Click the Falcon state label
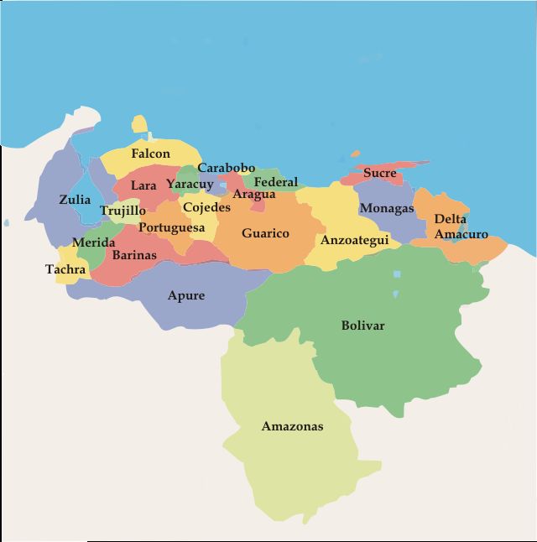pos(150,154)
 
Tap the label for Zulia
pos(75,200)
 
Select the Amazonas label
pos(292,426)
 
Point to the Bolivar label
pos(362,326)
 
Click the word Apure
pos(185,295)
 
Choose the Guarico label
pos(265,233)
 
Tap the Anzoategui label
pos(354,240)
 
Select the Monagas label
pos(386,208)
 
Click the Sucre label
pos(379,174)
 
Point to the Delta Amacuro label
pos(460,227)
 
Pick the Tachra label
pos(65,269)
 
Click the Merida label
pos(93,242)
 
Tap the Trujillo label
pos(123,211)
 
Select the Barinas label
pos(134,255)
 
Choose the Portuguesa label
pos(171,227)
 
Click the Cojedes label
pos(206,207)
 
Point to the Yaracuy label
pos(190,185)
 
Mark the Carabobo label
pos(226,168)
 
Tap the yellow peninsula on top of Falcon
pos(139,126)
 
